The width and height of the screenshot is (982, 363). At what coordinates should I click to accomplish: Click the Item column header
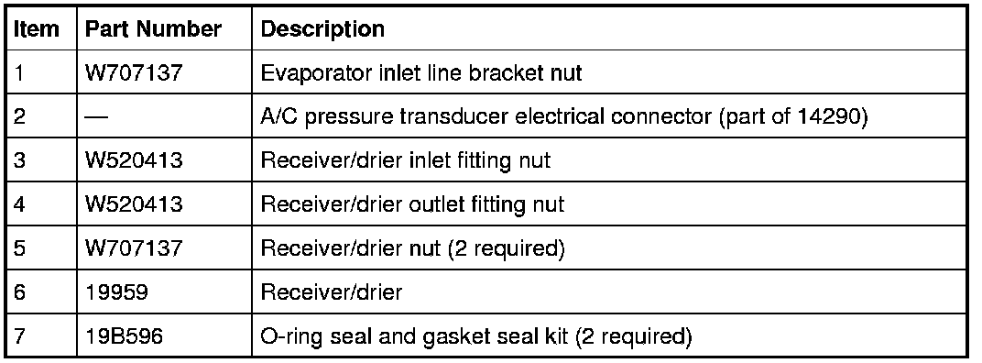(37, 28)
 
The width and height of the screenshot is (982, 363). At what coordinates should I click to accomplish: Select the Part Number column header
(153, 28)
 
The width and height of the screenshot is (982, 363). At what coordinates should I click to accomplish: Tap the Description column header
(322, 28)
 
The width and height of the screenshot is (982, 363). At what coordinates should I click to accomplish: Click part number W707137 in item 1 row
(134, 72)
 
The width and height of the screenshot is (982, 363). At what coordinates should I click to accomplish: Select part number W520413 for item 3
(134, 160)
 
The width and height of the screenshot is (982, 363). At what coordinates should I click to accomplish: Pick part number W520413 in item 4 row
(134, 204)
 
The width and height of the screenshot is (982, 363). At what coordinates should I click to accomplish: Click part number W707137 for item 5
(134, 248)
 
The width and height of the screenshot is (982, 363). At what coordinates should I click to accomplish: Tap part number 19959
(117, 292)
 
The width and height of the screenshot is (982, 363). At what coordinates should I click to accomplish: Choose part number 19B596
(124, 336)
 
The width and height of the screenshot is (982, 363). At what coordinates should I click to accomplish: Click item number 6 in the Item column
(19, 292)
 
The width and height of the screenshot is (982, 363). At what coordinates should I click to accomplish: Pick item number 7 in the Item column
(19, 336)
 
